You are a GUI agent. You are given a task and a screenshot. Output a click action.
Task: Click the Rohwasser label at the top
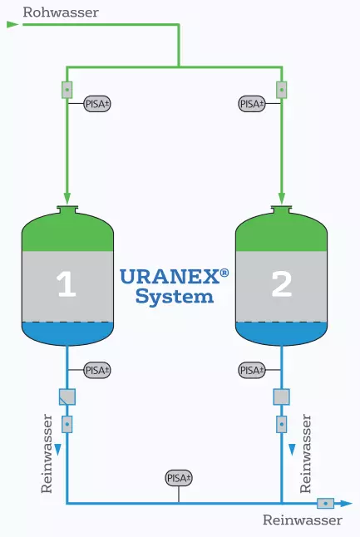coord(61,12)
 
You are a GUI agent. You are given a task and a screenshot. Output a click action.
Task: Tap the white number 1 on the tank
coord(67,284)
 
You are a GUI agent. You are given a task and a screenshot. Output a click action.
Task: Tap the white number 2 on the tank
coord(281,284)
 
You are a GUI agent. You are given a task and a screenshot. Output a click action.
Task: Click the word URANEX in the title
coord(170,277)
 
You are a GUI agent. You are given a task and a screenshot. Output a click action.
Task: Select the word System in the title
coord(175,297)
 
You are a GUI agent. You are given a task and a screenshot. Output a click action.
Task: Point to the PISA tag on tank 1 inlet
coord(97,104)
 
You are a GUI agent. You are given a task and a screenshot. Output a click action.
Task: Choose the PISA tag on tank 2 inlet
coord(252,104)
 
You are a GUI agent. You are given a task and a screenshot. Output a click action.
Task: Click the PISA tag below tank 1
coord(97,370)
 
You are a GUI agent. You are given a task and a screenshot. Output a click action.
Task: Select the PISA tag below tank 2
coord(252,370)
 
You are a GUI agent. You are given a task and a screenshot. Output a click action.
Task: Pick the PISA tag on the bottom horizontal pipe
coord(179,478)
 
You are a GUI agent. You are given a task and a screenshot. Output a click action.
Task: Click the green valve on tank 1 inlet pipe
coord(67,90)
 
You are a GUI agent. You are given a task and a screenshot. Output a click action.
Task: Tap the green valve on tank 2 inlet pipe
coord(282,90)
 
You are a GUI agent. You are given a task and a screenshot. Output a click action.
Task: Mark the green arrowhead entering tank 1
coord(67,199)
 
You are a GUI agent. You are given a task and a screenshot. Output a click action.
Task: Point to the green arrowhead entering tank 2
coord(282,199)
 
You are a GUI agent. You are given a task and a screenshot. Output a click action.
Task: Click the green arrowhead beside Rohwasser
coord(12,24)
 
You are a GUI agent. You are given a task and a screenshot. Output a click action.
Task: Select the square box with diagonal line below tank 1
coord(67,397)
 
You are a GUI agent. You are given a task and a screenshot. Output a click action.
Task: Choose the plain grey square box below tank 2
coord(282,397)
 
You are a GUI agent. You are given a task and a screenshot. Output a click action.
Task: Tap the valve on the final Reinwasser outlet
coord(325,504)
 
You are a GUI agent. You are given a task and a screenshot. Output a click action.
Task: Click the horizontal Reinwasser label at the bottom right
coord(303,520)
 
